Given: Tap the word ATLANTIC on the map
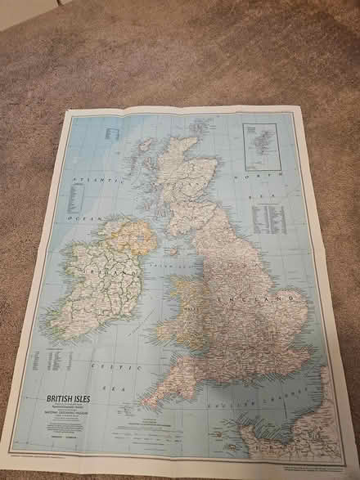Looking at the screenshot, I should (89, 178).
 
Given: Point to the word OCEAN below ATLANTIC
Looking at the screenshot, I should (85, 220).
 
